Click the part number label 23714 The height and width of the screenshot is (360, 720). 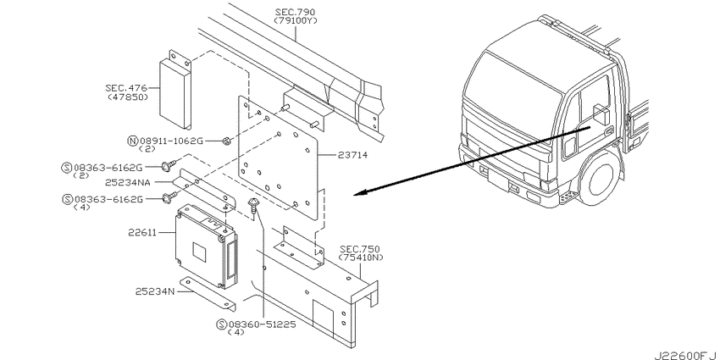[353, 155]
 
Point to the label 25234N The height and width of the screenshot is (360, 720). [154, 291]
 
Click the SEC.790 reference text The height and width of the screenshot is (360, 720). [296, 11]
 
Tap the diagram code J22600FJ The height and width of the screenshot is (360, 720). [684, 351]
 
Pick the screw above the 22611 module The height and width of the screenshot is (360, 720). [253, 203]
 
